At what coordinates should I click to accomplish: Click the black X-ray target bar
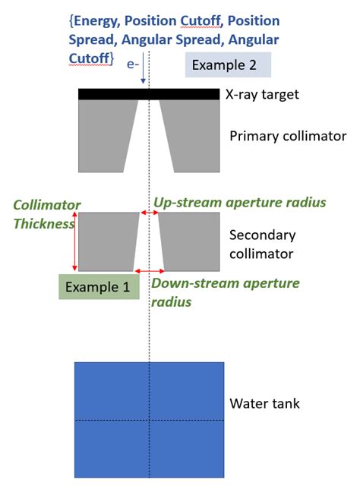click(149, 94)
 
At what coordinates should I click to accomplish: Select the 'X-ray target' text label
click(263, 95)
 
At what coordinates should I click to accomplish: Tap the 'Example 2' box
click(229, 65)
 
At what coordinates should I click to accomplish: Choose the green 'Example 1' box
click(99, 286)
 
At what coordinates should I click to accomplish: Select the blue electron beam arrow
click(142, 75)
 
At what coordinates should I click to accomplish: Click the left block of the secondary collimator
click(107, 241)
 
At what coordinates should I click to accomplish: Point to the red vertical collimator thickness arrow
click(74, 241)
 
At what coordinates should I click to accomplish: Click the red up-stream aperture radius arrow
click(149, 213)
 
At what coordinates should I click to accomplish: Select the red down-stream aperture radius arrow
click(149, 271)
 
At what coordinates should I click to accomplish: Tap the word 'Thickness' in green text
click(44, 224)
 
